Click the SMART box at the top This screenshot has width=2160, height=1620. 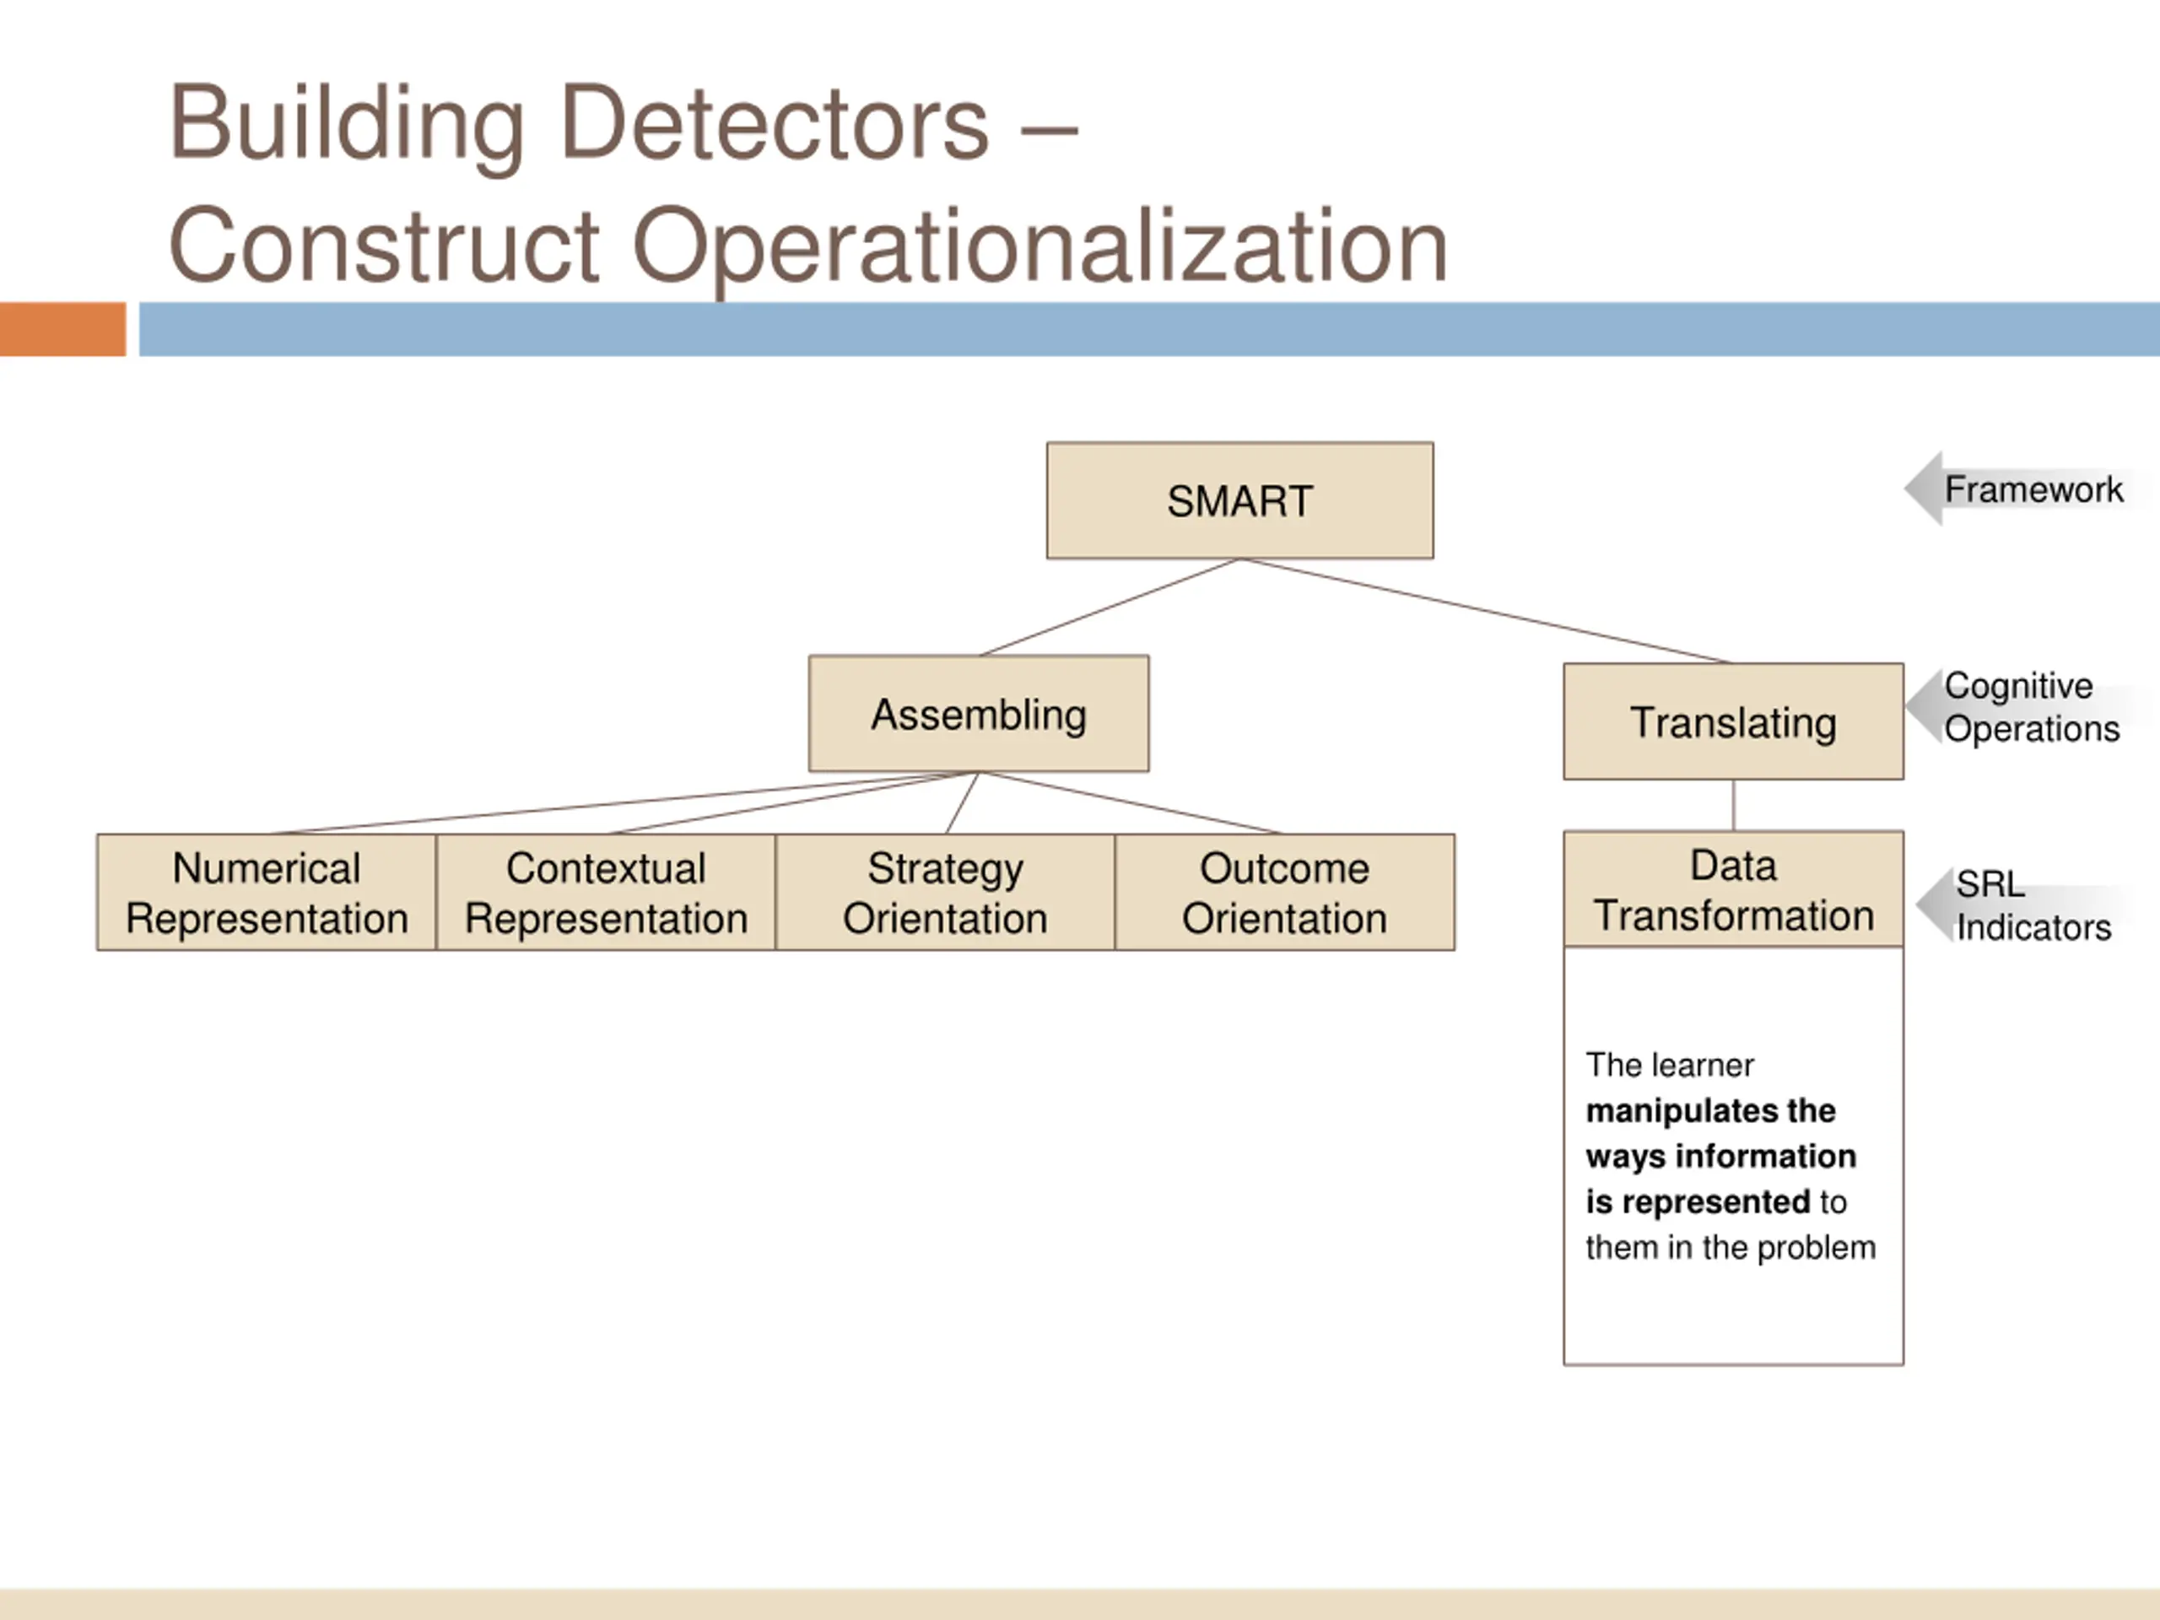pos(1239,501)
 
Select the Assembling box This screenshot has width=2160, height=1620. pos(979,714)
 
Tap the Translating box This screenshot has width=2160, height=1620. pos(1732,722)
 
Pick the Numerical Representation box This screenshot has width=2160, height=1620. pos(267,893)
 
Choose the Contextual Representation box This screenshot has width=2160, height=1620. pos(606,893)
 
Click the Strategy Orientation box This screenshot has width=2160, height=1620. pos(944,893)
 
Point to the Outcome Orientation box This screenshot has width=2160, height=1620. pos(1284,893)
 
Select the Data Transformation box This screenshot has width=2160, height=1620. pos(1732,889)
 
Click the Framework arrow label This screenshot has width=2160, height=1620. pos(2031,489)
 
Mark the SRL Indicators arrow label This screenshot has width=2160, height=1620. pos(2031,905)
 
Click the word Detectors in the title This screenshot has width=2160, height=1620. pos(775,124)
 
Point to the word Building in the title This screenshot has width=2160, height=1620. pos(347,124)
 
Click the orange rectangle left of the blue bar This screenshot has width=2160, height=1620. pos(62,329)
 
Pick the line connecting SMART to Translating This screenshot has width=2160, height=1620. pos(1484,610)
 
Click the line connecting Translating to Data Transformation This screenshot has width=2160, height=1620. pos(1733,806)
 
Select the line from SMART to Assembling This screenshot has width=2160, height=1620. pos(1110,607)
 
